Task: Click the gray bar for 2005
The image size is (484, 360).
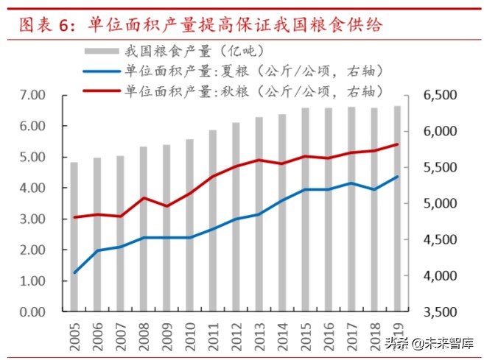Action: [74, 236]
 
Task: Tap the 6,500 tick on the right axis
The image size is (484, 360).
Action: [440, 96]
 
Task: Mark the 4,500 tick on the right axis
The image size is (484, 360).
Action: [440, 240]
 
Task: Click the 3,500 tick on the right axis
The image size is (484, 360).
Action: [440, 312]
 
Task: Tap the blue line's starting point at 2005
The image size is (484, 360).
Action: [74, 272]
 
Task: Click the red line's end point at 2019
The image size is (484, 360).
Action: [398, 144]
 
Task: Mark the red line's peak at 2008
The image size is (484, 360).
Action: [144, 198]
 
